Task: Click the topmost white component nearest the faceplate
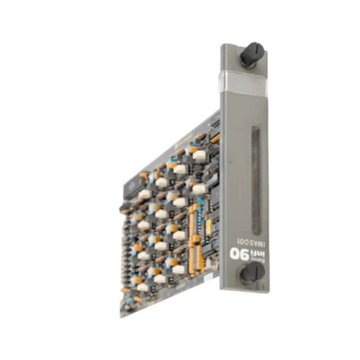click(x=200, y=154)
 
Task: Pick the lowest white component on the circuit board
click(x=142, y=287)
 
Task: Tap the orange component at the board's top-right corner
click(x=215, y=140)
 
